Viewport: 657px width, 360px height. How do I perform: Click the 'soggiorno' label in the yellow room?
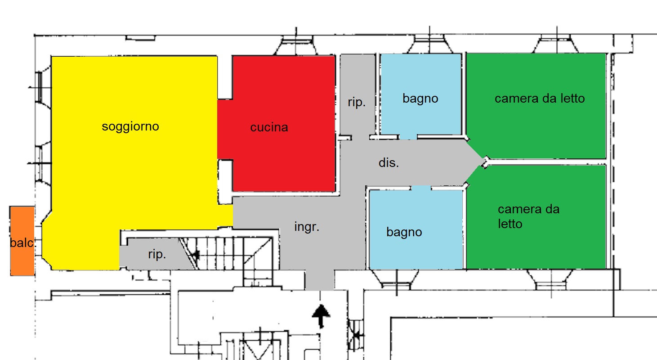[x=130, y=127]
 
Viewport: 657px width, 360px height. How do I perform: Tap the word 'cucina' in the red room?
[x=269, y=127]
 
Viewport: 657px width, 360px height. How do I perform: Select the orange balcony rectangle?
[x=22, y=241]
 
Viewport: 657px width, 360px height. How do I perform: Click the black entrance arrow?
[x=321, y=316]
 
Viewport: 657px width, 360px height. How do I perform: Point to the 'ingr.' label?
[x=307, y=226]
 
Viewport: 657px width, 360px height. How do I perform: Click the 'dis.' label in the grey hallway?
[x=389, y=162]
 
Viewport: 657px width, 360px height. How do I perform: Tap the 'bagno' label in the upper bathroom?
[x=420, y=99]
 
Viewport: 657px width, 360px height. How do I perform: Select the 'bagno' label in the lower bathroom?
[x=404, y=232]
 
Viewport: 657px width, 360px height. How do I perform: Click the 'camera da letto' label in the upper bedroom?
[x=540, y=99]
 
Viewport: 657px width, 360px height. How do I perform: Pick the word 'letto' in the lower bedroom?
[x=510, y=224]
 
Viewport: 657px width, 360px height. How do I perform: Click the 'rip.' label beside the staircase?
[x=157, y=254]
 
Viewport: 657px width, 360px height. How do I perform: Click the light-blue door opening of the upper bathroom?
[x=408, y=137]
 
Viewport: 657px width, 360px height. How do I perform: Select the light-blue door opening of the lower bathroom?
[x=421, y=188]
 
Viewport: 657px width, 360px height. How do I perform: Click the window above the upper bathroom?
[x=429, y=44]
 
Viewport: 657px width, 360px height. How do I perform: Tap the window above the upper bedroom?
[x=556, y=44]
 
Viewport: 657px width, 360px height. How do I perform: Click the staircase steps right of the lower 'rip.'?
[x=226, y=253]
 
